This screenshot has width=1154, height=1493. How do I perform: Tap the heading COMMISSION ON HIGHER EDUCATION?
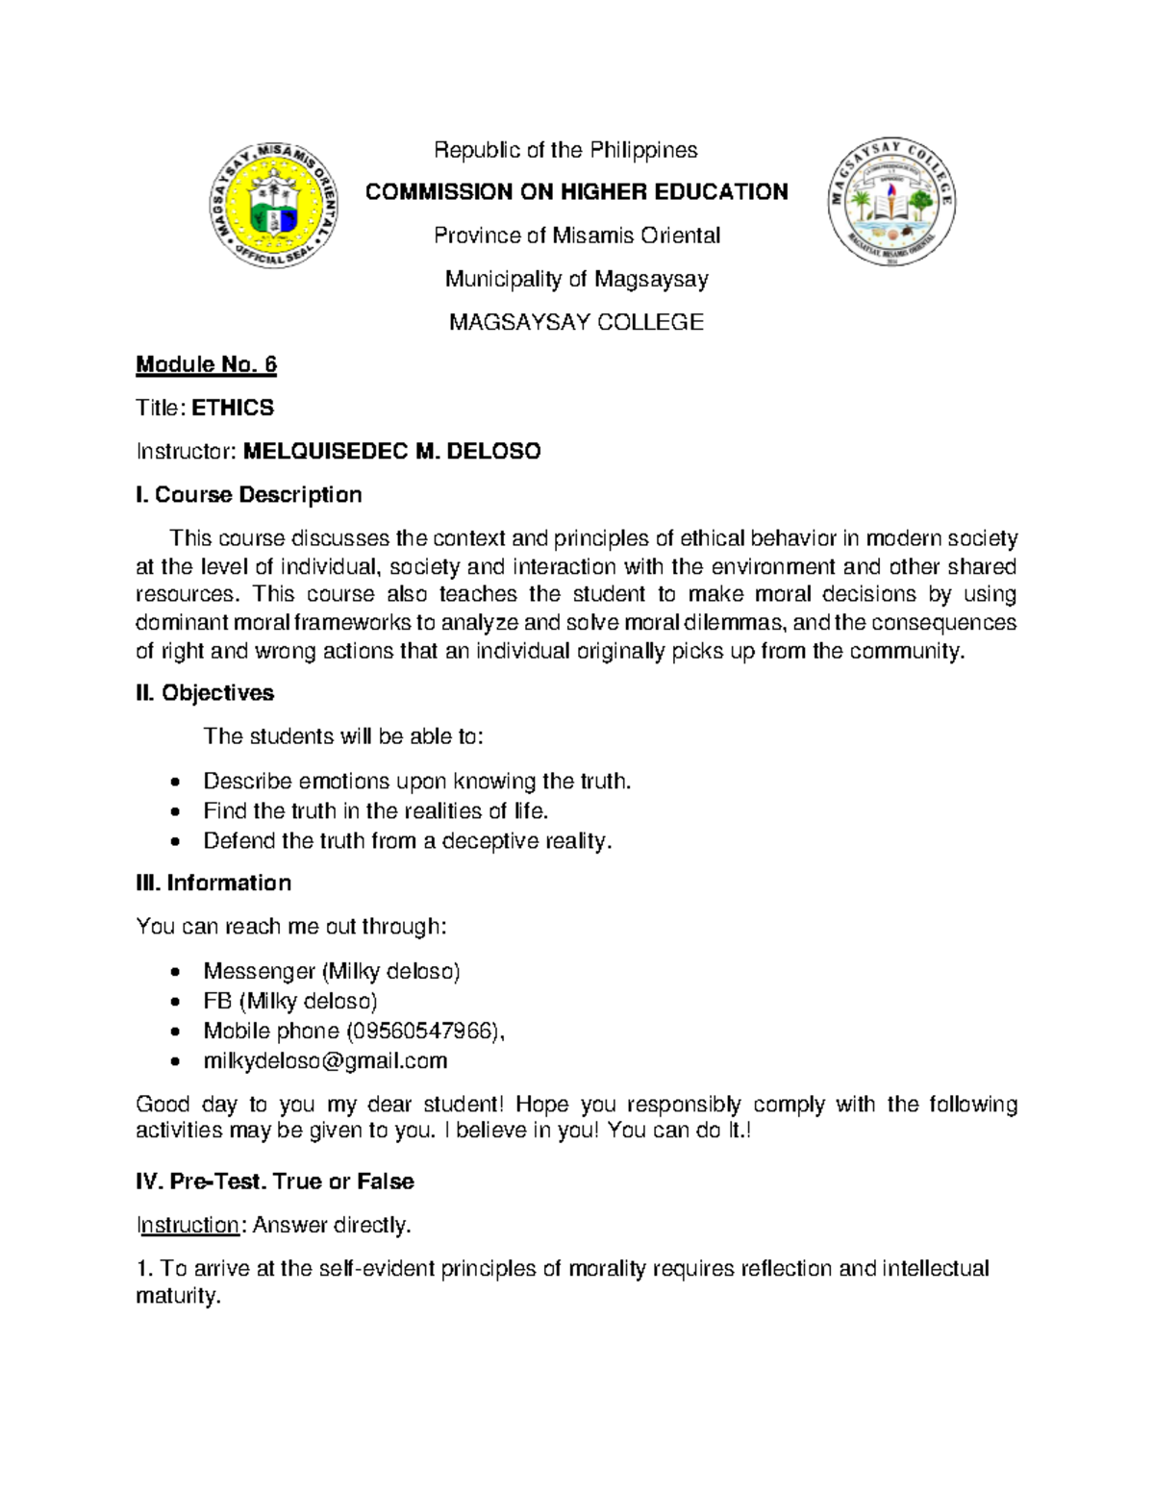point(576,192)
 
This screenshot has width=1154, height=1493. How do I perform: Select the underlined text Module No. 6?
point(206,364)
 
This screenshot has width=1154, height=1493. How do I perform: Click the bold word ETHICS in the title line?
point(233,408)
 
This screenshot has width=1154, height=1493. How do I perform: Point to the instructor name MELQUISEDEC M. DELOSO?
point(391,451)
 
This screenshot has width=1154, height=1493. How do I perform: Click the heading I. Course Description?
point(249,495)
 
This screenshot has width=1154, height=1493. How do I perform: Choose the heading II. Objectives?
point(205,693)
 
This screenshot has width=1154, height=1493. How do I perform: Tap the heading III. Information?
point(213,883)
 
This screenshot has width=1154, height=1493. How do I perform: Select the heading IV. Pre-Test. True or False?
point(275,1182)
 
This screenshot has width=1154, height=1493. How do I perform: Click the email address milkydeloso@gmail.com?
point(325,1060)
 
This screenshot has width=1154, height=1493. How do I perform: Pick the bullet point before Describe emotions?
point(174,782)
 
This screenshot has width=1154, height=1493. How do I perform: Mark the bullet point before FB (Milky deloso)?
point(174,1002)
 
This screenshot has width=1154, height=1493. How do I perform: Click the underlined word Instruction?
point(188,1225)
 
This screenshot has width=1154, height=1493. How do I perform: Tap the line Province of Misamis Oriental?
point(576,236)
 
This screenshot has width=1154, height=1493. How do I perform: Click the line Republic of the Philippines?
point(565,150)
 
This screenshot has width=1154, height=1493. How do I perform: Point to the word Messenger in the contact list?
point(259,971)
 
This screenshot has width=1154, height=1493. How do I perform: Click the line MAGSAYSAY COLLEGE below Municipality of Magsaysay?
point(576,322)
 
